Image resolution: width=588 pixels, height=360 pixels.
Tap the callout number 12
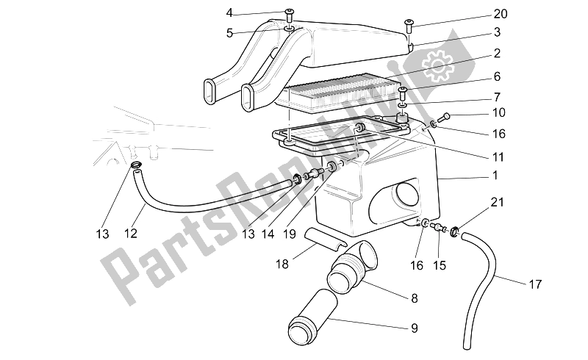(132, 234)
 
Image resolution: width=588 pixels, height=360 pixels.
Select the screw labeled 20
(409, 29)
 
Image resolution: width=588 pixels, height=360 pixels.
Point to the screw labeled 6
(403, 92)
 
